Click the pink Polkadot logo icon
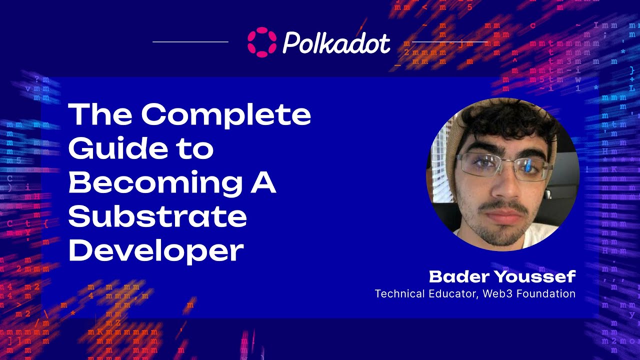(x=261, y=42)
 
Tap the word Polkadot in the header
(x=336, y=43)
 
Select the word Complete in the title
(x=226, y=115)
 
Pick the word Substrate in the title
(x=157, y=217)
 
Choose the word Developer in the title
(x=156, y=250)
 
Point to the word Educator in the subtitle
(x=453, y=293)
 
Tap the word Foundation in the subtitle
(x=546, y=293)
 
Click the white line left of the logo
(x=190, y=42)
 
